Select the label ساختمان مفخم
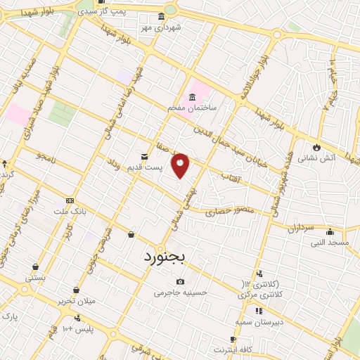click(x=191, y=108)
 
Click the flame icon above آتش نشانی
click(x=316, y=147)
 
